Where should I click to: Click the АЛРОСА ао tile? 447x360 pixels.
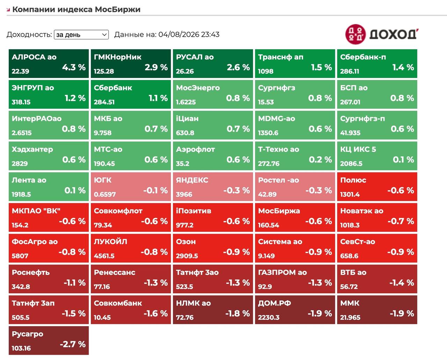click(49, 64)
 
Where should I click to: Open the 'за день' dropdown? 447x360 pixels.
click(81, 35)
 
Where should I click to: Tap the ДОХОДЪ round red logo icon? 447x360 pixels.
click(356, 34)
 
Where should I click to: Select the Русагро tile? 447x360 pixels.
click(49, 340)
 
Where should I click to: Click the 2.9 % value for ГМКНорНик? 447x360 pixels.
click(156, 67)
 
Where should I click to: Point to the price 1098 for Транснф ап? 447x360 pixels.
click(266, 71)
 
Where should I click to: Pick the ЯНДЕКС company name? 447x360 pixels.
click(192, 180)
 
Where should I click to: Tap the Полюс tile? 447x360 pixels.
click(377, 186)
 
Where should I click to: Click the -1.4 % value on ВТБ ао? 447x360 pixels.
click(402, 283)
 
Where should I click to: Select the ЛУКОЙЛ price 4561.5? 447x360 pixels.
click(104, 256)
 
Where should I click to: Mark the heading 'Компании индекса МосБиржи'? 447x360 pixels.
click(76, 9)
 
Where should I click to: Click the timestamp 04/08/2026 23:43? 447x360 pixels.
click(189, 35)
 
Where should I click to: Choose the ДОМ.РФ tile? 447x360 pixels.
click(295, 310)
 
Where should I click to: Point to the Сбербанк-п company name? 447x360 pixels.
click(363, 57)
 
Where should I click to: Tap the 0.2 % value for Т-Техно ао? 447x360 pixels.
click(320, 160)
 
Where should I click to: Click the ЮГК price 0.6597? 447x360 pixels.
click(105, 194)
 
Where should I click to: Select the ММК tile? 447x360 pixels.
click(377, 310)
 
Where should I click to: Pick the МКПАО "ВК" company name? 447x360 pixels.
click(36, 211)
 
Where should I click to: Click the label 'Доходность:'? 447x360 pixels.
click(29, 35)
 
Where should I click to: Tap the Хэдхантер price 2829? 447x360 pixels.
click(20, 163)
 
